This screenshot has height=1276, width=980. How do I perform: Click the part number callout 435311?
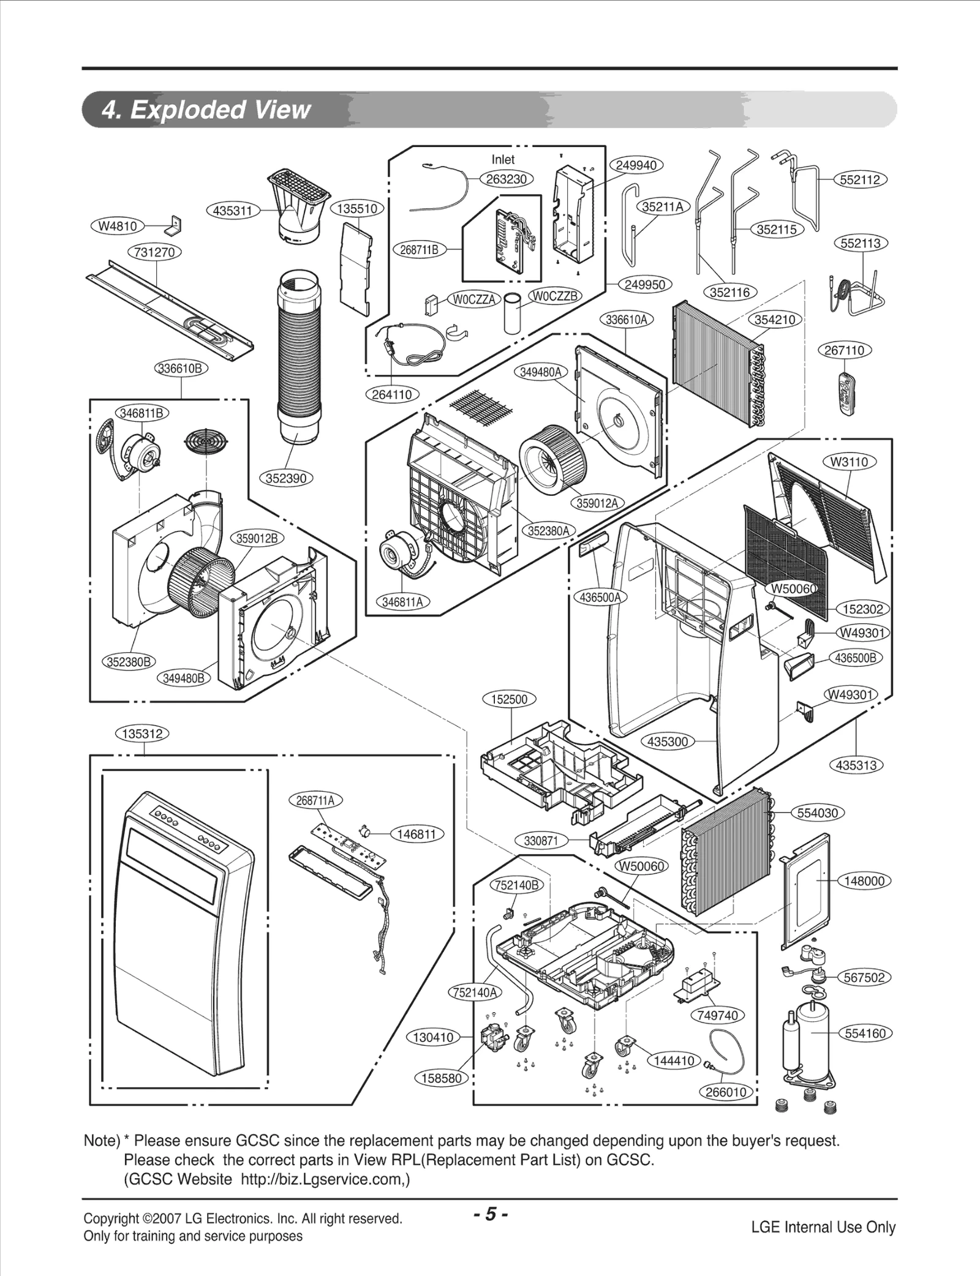pyautogui.click(x=232, y=211)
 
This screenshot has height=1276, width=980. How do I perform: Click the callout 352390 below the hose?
pyautogui.click(x=286, y=478)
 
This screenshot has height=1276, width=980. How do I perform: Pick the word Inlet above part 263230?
pyautogui.click(x=503, y=159)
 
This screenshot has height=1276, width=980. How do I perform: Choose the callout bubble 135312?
pyautogui.click(x=142, y=734)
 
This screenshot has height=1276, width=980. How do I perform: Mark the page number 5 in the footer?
pyautogui.click(x=490, y=1214)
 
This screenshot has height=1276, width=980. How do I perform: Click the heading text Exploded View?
pyautogui.click(x=221, y=110)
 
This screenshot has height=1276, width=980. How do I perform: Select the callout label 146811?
pyautogui.click(x=417, y=834)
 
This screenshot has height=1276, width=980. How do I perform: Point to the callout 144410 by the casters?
pyautogui.click(x=674, y=1060)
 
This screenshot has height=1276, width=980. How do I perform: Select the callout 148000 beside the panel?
pyautogui.click(x=864, y=881)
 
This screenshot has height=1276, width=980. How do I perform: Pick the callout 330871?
pyautogui.click(x=540, y=841)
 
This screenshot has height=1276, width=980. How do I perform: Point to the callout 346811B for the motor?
pyautogui.click(x=141, y=413)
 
